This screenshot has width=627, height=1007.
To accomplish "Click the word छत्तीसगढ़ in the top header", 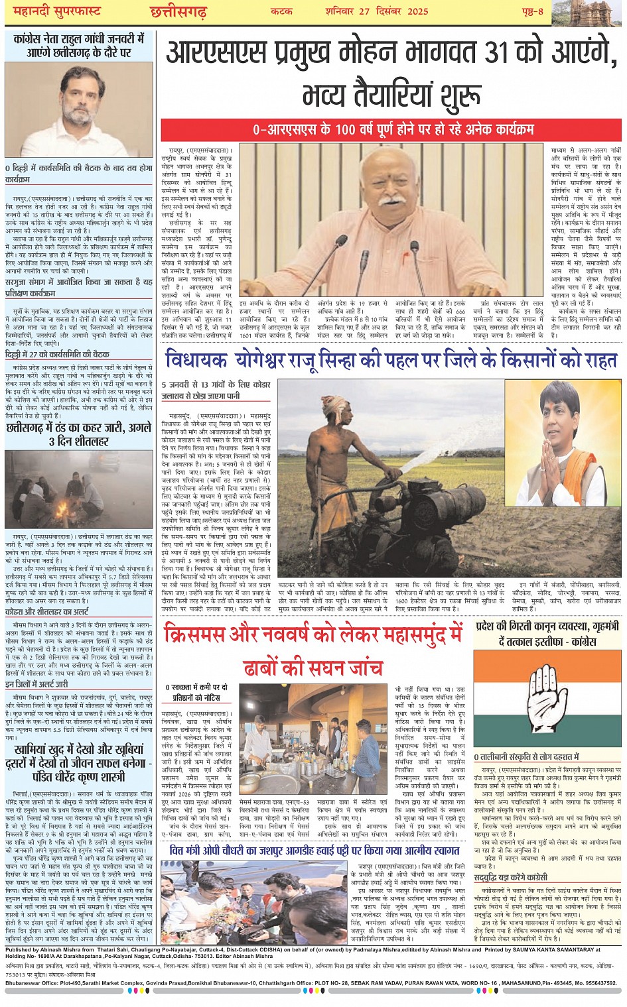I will click(178, 11).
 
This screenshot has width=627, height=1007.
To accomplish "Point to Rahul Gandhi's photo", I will click(80, 109).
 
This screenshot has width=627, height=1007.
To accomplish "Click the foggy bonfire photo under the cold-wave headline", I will click(79, 489).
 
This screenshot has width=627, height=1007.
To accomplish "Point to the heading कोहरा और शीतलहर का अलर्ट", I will click(47, 612).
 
